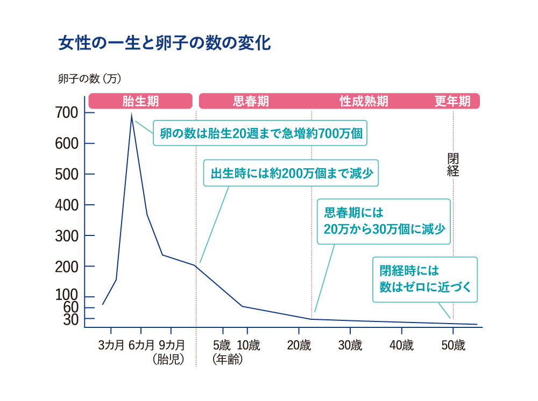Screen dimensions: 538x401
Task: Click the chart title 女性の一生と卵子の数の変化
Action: pos(165,43)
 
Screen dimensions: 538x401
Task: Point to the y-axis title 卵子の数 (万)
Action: pos(90,79)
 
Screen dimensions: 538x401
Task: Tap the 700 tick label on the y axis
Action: pos(67,112)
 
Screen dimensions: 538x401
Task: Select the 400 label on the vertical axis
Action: pos(67,205)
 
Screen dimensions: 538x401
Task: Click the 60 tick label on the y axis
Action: pos(71,307)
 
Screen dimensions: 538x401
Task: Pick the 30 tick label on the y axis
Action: pos(71,319)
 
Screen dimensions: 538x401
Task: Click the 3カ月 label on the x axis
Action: pos(111,345)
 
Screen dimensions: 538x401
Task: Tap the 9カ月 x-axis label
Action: pos(172,345)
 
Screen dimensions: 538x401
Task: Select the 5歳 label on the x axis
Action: pos(222,345)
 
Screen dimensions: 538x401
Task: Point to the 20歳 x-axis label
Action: pos(299,345)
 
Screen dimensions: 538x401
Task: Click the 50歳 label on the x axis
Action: pos(453,345)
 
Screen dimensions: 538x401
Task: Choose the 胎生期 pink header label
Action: pos(140,101)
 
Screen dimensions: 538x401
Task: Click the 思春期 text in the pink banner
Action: pos(251,101)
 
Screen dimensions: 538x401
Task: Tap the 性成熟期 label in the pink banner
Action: pos(364,101)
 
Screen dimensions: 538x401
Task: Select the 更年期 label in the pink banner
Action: pos(452,101)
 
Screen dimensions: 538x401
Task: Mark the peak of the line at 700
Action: pos(131,114)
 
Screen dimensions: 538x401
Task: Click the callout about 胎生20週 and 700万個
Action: pos(260,133)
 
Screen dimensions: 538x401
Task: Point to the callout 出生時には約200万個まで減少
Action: pos(291,173)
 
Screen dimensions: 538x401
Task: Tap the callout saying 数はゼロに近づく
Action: pos(425,280)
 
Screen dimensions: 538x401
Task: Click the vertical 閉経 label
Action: pos(453,164)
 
